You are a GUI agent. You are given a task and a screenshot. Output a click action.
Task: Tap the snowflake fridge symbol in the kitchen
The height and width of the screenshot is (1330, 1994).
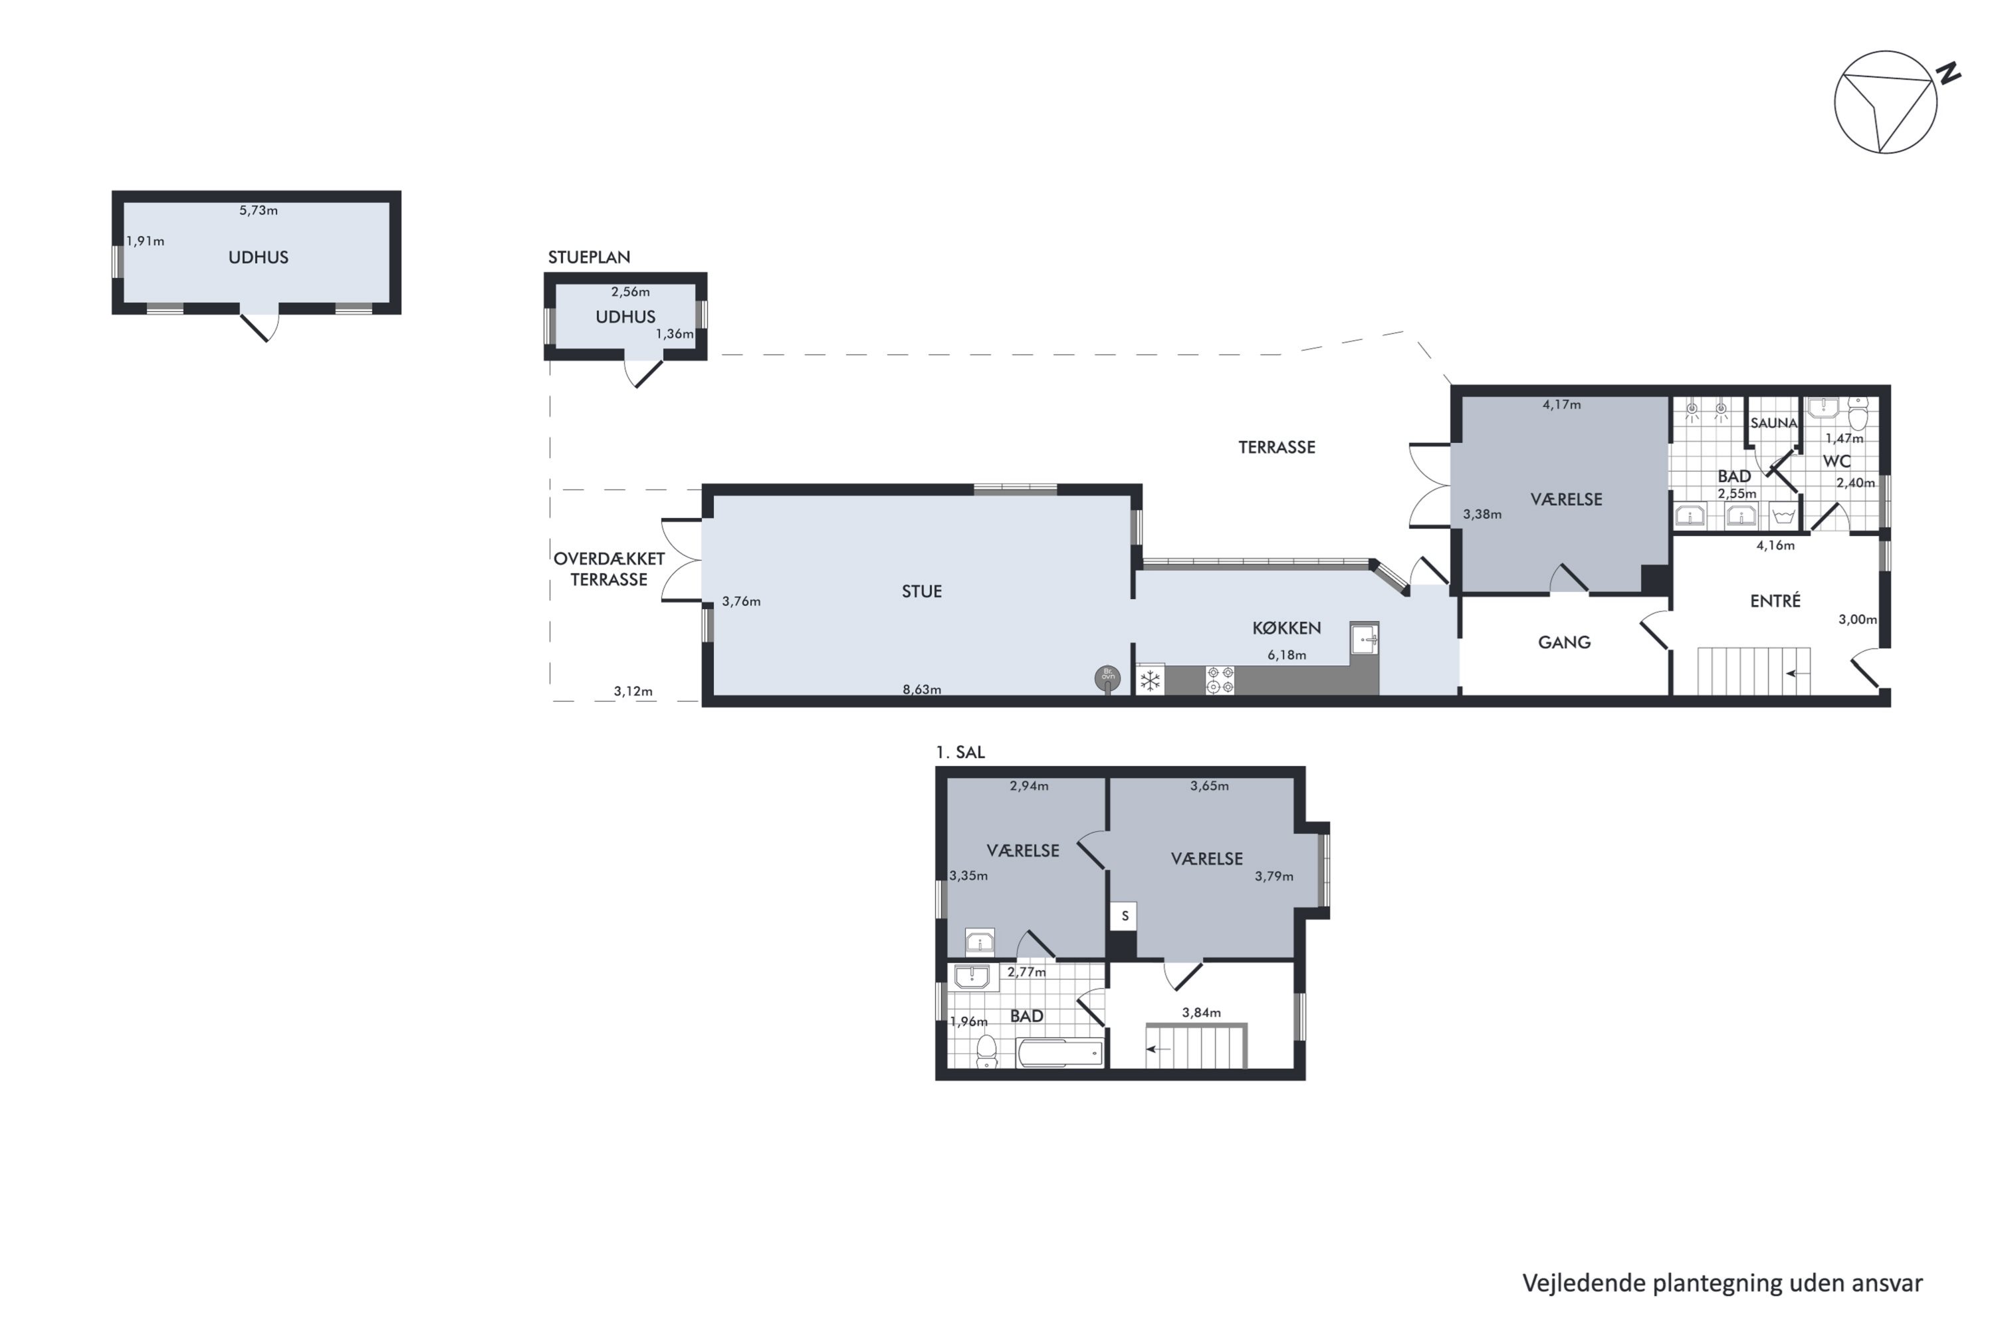click(1151, 680)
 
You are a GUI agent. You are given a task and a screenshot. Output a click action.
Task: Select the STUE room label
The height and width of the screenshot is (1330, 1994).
click(921, 591)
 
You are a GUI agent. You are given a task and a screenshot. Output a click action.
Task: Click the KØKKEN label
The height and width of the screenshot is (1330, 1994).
click(1286, 628)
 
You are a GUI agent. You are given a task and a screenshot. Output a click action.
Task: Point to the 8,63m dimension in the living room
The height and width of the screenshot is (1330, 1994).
click(921, 690)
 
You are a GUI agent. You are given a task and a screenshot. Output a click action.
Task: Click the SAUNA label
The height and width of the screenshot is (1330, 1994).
click(1773, 422)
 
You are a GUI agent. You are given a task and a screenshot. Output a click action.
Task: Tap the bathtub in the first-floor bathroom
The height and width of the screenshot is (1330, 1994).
click(1059, 1053)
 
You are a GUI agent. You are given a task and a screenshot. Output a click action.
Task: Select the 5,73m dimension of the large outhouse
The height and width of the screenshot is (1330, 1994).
click(259, 210)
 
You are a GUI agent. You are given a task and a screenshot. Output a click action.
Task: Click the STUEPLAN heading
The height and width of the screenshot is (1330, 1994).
click(589, 257)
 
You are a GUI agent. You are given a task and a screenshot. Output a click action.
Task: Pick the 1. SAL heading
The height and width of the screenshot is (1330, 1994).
click(960, 752)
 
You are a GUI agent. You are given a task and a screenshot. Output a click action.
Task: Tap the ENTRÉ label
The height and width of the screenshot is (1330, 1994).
click(1775, 600)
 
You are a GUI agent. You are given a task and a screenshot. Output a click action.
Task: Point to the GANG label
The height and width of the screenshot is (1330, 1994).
click(1564, 642)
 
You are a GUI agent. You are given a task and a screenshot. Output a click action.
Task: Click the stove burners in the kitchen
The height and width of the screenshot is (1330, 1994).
click(1220, 680)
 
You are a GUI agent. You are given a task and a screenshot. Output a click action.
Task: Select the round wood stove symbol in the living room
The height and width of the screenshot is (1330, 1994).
click(1107, 678)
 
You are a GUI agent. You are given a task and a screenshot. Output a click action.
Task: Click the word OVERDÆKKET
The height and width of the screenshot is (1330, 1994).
click(609, 559)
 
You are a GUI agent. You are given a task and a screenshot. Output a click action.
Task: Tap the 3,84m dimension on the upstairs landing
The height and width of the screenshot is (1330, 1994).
click(1201, 1012)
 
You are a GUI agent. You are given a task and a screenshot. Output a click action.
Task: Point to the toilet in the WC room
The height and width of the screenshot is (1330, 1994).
click(1858, 416)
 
